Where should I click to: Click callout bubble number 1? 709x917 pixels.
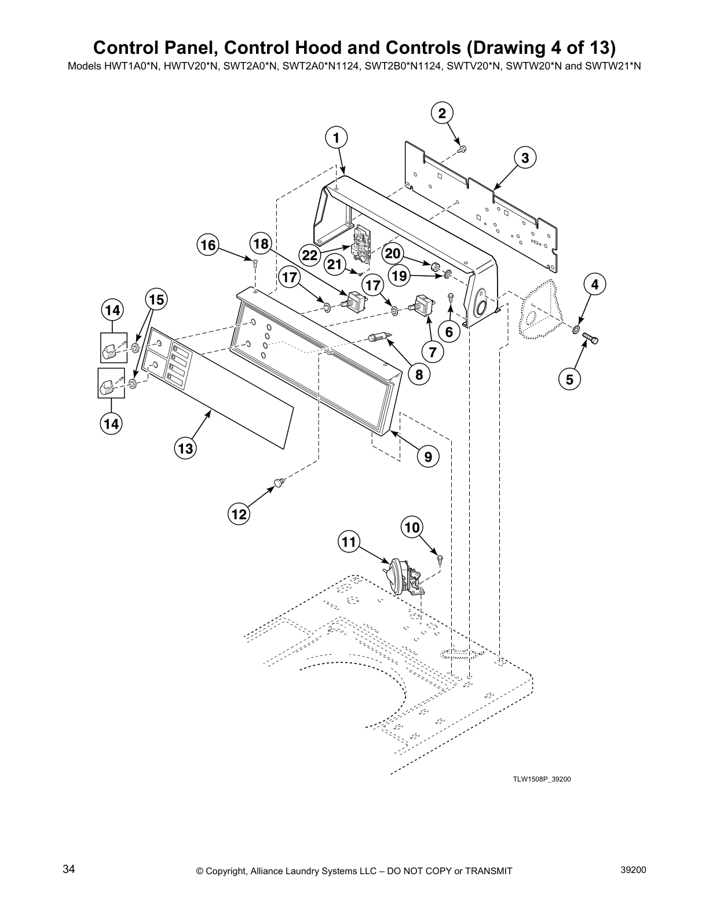click(336, 138)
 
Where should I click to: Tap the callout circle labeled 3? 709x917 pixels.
click(525, 157)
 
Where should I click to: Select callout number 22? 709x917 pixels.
click(310, 255)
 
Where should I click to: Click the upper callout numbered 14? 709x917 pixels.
click(112, 310)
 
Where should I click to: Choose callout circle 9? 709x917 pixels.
click(428, 457)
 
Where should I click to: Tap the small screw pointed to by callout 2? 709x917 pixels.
click(462, 149)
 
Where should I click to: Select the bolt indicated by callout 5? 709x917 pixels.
click(590, 339)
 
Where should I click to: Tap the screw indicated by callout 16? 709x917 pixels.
click(255, 264)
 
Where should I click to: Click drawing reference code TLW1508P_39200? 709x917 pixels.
click(541, 779)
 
